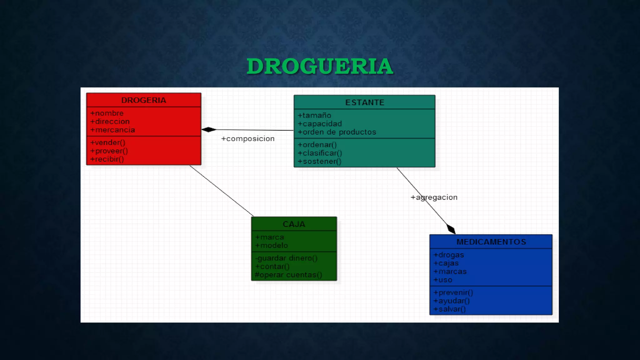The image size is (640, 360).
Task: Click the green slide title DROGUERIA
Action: point(320,66)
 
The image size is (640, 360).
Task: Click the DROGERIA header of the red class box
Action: point(143,100)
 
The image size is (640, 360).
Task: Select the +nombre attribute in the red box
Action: point(107,113)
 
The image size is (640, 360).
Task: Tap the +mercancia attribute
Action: point(112,130)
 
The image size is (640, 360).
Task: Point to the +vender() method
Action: point(108,142)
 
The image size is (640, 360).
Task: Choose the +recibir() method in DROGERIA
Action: point(107,159)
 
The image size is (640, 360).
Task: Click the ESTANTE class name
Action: point(364,102)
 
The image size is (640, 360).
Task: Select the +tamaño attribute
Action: point(314,115)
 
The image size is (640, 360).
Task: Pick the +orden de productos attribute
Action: point(337,132)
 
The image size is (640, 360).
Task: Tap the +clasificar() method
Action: point(320,153)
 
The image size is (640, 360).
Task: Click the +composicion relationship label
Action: point(248,139)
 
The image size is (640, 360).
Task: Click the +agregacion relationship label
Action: point(434,197)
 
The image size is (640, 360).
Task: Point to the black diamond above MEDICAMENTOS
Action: point(451,229)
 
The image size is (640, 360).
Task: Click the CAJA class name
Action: point(294,224)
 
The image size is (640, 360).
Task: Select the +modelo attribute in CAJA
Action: point(272,246)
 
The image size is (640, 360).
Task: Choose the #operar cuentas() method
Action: point(288,275)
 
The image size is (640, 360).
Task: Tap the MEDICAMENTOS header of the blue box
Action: point(491,242)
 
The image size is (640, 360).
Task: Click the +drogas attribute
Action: point(449,255)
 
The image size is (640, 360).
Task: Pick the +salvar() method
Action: point(450,309)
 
